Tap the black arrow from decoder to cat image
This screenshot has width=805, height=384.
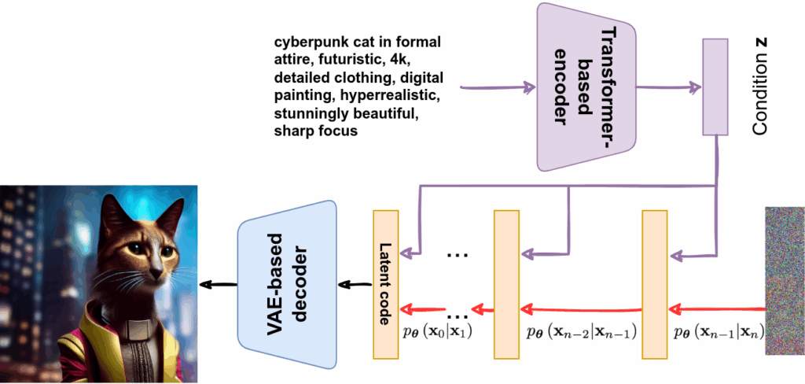pos(215,284)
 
